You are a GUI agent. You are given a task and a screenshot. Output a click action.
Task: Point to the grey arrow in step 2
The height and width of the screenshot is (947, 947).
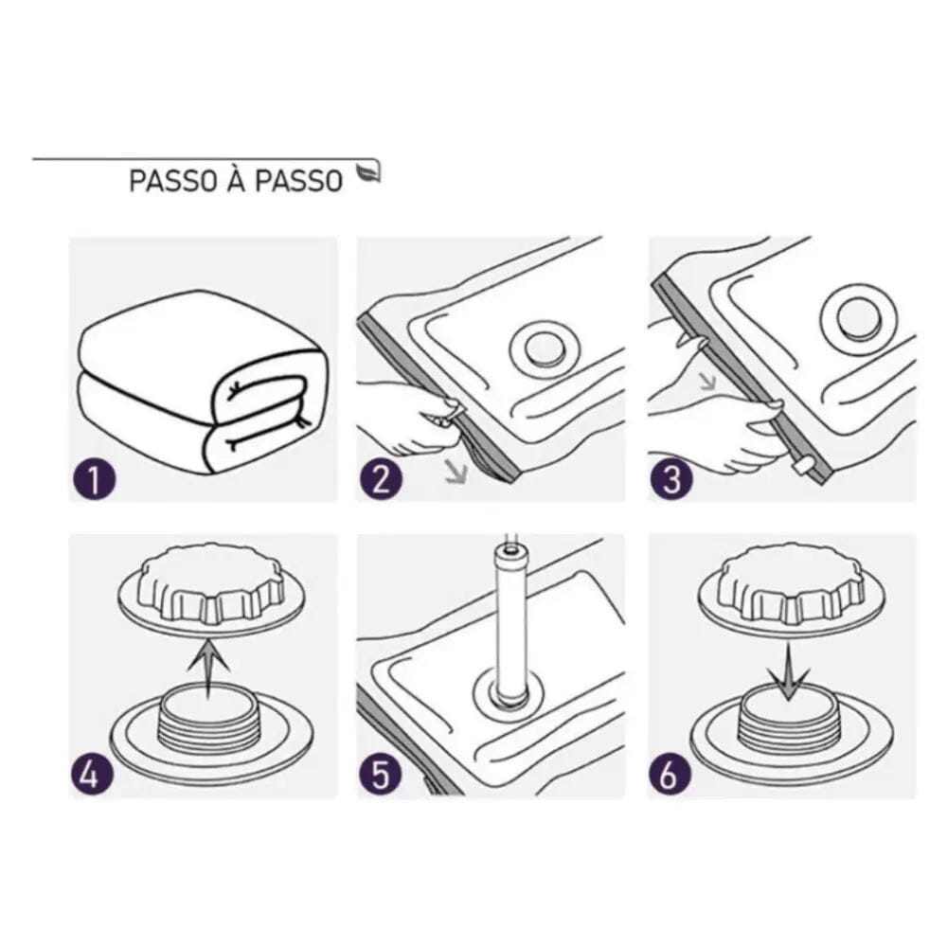458,466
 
